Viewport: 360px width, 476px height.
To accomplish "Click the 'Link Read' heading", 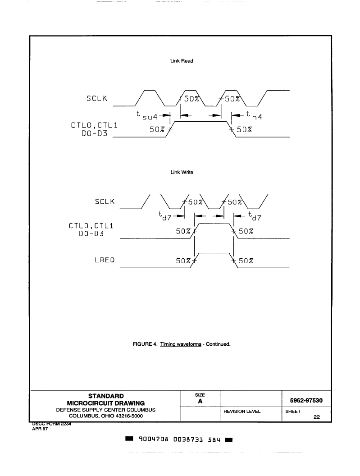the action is (182, 61).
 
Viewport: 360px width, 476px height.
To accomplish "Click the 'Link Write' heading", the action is (182, 172).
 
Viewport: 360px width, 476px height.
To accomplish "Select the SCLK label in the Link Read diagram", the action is (97, 98).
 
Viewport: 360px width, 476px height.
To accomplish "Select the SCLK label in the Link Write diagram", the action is (105, 201).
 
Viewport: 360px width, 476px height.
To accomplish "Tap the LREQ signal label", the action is (105, 260).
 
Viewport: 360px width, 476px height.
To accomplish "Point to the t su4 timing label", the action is (147, 115).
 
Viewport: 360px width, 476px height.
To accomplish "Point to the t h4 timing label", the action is (254, 115).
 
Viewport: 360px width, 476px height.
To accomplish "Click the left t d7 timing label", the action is (165, 216).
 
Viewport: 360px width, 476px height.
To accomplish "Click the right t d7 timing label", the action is (255, 216).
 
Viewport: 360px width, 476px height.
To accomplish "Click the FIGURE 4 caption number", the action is (145, 344).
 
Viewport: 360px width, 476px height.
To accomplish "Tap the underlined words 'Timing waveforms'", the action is (181, 344).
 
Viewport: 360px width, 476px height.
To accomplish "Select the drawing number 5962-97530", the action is (306, 400).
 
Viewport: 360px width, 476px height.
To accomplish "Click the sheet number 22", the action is (317, 417).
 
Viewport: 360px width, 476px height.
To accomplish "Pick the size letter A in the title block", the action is (200, 401).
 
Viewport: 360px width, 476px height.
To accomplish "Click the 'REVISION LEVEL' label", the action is (242, 412).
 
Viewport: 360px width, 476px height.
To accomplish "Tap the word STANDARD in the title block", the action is (106, 396).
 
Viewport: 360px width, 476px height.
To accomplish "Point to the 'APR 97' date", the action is (40, 429).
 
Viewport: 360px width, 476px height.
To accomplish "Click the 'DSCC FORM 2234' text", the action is (52, 424).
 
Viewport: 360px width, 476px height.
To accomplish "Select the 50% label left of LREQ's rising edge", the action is (183, 261).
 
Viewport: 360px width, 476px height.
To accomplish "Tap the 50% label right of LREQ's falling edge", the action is (246, 261).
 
